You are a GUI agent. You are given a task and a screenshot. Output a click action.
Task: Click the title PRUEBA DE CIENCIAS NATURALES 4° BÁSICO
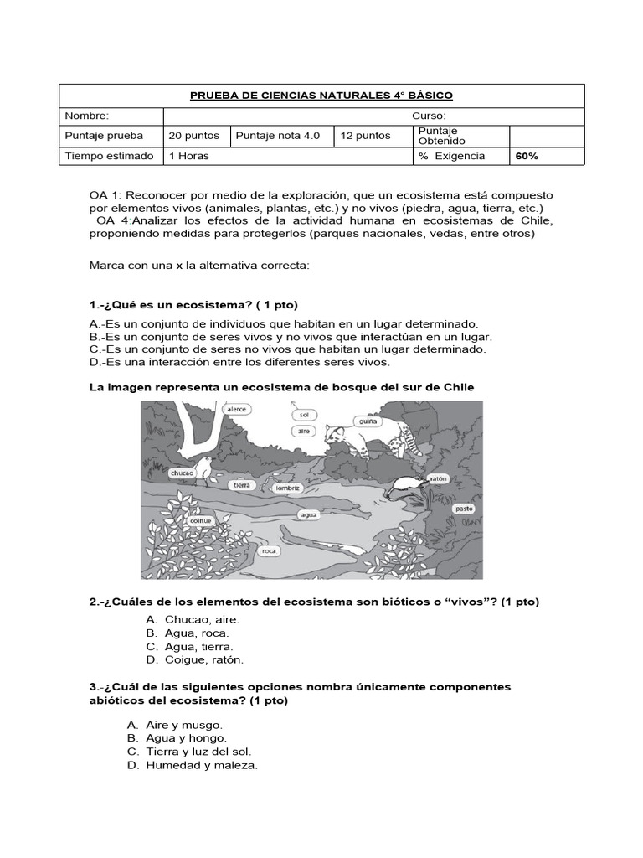pyautogui.click(x=321, y=96)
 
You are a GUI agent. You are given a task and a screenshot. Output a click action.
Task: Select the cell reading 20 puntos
pyautogui.click(x=193, y=135)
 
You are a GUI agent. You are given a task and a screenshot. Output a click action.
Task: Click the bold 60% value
pyautogui.click(x=527, y=156)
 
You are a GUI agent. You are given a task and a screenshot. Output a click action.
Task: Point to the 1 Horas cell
pyautogui.click(x=189, y=156)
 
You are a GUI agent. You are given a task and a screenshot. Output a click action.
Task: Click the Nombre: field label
pyautogui.click(x=86, y=116)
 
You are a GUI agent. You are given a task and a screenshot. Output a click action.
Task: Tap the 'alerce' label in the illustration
pyautogui.click(x=237, y=410)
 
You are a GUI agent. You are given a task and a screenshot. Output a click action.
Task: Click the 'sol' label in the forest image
pyautogui.click(x=303, y=414)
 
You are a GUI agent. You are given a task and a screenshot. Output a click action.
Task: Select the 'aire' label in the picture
pyautogui.click(x=303, y=431)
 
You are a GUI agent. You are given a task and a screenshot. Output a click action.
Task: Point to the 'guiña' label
pyautogui.click(x=365, y=422)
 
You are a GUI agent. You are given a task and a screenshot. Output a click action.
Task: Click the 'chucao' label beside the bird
pyautogui.click(x=183, y=473)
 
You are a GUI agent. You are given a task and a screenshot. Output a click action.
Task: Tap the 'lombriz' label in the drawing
pyautogui.click(x=287, y=487)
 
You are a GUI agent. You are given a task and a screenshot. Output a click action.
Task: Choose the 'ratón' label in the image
pyautogui.click(x=438, y=478)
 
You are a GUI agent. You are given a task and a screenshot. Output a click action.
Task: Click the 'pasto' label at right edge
pyautogui.click(x=464, y=509)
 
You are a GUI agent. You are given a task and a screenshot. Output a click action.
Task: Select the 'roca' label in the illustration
pyautogui.click(x=269, y=551)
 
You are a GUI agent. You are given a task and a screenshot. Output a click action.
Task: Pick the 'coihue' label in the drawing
pyautogui.click(x=201, y=519)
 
